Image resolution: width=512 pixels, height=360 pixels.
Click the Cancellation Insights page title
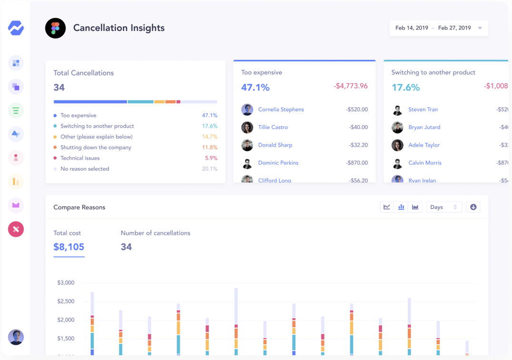point(118,28)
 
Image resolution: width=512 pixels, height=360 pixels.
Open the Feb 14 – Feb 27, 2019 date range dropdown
point(438,28)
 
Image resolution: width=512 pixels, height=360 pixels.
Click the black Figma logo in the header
point(55,29)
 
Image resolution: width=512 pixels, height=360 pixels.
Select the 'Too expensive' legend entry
point(78,116)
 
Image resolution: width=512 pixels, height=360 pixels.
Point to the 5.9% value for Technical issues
point(211,158)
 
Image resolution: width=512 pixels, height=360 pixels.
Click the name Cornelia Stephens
point(281,110)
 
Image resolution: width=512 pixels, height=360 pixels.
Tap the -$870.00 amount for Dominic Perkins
point(356,163)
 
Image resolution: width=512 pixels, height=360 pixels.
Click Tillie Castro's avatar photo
point(247,128)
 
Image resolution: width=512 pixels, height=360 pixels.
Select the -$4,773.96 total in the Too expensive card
point(350,86)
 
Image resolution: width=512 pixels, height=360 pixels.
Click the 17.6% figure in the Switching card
point(405,88)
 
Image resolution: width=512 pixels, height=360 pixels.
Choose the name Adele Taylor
point(424,145)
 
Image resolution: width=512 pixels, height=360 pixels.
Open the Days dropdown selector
point(443,207)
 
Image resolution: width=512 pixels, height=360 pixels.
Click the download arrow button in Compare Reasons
point(473,207)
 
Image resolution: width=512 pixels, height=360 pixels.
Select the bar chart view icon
point(401,207)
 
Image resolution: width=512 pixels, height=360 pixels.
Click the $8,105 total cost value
point(69,247)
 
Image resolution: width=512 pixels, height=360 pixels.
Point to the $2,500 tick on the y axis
point(66,301)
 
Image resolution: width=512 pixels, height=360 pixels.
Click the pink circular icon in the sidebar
point(16,230)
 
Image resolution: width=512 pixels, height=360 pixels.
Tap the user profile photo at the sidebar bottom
point(16,337)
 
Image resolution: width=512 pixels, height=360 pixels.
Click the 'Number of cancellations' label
point(155,233)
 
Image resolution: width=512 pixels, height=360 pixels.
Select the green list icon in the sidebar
point(16,110)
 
